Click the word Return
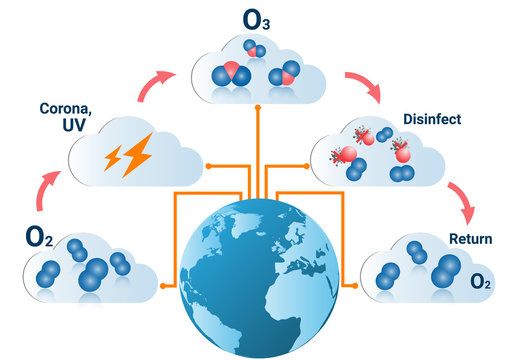point(469,240)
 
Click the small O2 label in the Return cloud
point(481,284)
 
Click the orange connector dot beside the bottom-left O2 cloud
point(163,286)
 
